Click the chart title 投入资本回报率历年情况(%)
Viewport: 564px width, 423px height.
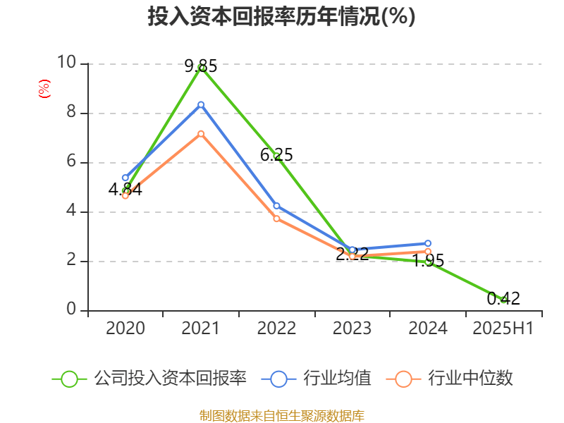tap(281, 17)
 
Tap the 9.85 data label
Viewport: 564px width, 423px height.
tap(201, 66)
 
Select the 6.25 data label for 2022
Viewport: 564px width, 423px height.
tap(276, 154)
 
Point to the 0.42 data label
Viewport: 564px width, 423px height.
tap(503, 298)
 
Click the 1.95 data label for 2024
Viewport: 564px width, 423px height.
tap(428, 261)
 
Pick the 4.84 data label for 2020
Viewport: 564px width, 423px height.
tap(125, 189)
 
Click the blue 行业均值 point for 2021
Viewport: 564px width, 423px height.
tap(201, 104)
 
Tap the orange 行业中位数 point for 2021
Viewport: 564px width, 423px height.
tap(201, 133)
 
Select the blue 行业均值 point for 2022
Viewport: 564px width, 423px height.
tap(276, 206)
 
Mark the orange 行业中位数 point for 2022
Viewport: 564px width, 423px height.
tap(276, 219)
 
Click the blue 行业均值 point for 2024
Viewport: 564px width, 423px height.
tap(428, 243)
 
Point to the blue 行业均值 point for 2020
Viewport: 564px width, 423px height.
tap(125, 178)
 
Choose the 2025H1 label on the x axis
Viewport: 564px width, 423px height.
tap(503, 329)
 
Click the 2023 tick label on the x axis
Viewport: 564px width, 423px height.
tap(352, 329)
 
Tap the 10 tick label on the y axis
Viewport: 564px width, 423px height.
tap(67, 63)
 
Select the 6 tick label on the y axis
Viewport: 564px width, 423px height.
tap(71, 161)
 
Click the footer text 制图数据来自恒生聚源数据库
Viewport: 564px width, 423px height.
tap(281, 415)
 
